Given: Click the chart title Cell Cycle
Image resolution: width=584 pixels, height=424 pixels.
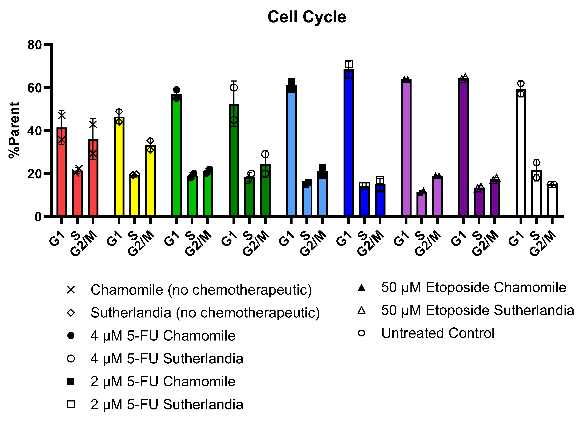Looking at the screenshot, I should pyautogui.click(x=307, y=17).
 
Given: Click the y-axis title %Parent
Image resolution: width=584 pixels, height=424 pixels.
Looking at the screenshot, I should pyautogui.click(x=14, y=130).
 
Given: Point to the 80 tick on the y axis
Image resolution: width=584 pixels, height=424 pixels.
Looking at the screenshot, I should pyautogui.click(x=35, y=45).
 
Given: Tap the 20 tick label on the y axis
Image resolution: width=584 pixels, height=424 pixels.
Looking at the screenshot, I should pyautogui.click(x=35, y=174).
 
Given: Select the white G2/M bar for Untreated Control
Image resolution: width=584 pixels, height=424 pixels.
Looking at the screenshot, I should pyautogui.click(x=552, y=200).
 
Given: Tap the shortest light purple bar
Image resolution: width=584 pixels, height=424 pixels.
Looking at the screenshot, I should pyautogui.click(x=421, y=204).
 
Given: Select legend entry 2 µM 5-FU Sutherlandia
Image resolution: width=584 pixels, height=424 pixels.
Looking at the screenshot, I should pyautogui.click(x=167, y=404).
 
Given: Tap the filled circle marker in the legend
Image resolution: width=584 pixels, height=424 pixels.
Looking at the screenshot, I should pyautogui.click(x=71, y=336).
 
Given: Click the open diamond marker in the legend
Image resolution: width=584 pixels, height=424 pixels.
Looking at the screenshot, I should pyautogui.click(x=71, y=313).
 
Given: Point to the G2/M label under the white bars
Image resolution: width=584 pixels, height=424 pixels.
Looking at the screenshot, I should pyautogui.click(x=543, y=243).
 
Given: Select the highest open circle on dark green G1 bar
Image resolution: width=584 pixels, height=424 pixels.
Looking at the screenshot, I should pyautogui.click(x=234, y=88).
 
